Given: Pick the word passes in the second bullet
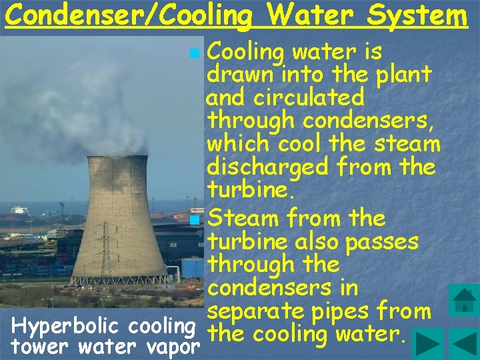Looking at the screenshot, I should (393, 241).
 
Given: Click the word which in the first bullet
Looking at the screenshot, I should (236, 143).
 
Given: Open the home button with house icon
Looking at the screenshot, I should (463, 299).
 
